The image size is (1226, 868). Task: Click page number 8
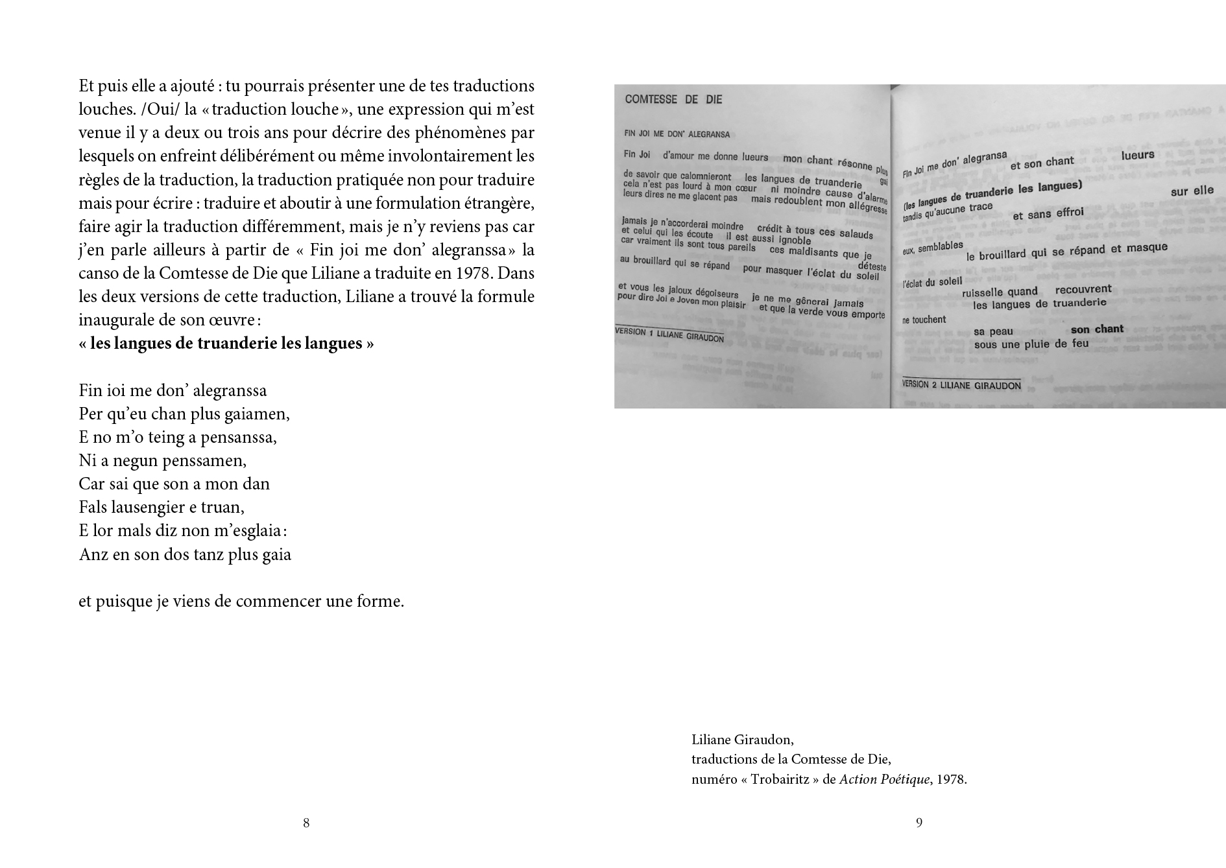306,823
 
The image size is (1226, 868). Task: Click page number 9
919,823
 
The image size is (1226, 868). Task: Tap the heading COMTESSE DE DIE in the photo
673,99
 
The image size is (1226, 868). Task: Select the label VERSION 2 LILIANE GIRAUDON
961,385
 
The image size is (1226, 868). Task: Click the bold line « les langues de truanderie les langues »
226,344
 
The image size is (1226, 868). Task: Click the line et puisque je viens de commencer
241,602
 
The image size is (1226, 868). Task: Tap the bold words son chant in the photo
1097,329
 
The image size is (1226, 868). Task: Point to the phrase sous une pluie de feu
1031,344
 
